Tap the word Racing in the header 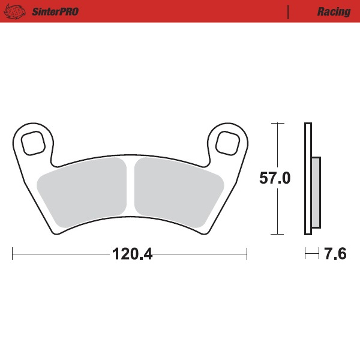point(334,12)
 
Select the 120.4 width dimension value point(133,254)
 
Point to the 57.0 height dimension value point(275,178)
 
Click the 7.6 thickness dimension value point(335,254)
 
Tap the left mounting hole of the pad point(34,143)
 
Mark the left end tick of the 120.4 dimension point(13,254)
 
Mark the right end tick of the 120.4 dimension point(247,254)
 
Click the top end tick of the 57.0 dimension point(277,123)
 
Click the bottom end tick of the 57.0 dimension point(277,234)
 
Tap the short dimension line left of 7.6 point(311,254)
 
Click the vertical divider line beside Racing point(289,12)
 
